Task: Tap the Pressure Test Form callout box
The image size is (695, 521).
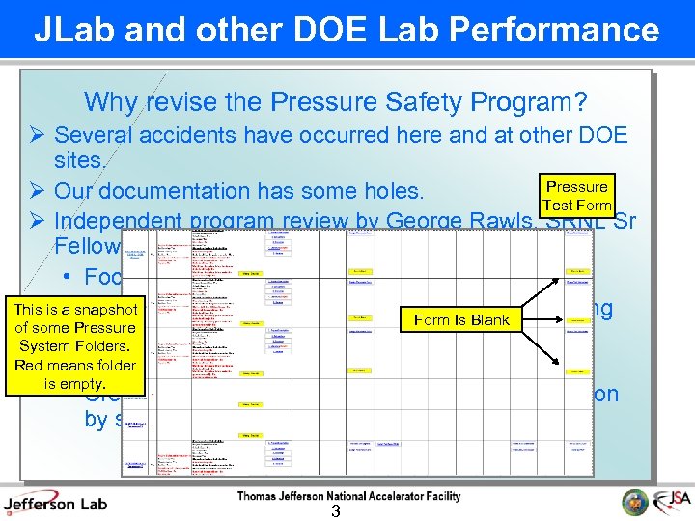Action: click(x=576, y=195)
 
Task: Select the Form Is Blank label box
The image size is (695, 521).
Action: click(x=461, y=319)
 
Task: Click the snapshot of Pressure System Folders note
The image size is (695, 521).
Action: click(x=75, y=346)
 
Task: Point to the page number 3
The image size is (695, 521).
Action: click(x=335, y=511)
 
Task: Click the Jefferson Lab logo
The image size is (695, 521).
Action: click(x=55, y=502)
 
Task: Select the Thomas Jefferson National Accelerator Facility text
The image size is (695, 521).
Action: click(x=348, y=496)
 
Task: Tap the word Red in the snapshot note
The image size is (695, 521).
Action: click(x=30, y=365)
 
